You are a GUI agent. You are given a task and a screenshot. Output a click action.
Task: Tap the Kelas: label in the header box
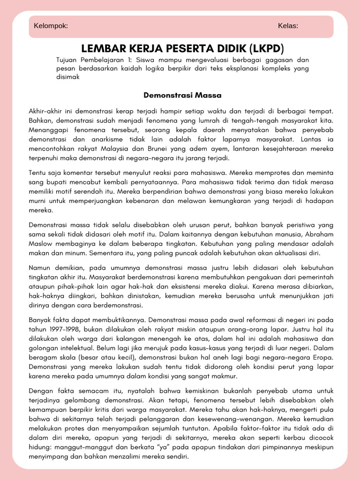[288, 26]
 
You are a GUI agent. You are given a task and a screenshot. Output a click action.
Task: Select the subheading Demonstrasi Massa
[182, 95]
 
